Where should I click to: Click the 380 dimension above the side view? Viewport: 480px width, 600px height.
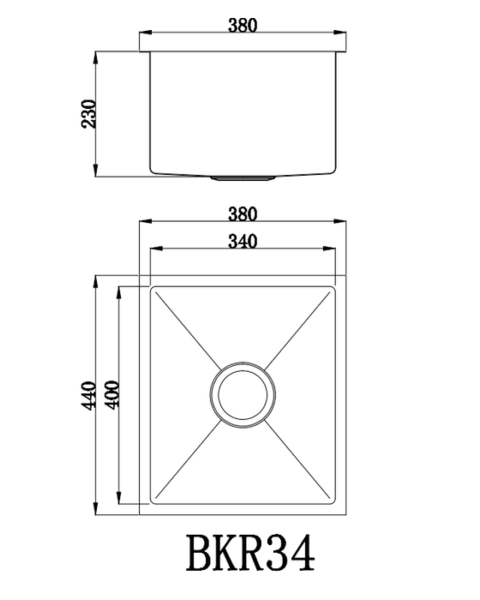(x=243, y=25)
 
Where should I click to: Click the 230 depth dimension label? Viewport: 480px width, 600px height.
(x=89, y=114)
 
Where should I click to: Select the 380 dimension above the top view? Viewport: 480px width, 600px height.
(x=243, y=214)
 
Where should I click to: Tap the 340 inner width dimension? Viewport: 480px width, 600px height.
(x=243, y=242)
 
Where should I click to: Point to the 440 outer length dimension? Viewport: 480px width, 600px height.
(x=89, y=396)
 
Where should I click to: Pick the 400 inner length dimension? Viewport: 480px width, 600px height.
(x=112, y=395)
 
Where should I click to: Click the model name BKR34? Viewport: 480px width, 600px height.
(x=251, y=554)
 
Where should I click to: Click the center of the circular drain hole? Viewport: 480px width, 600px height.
(x=243, y=395)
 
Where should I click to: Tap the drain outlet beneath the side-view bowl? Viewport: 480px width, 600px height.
(x=243, y=178)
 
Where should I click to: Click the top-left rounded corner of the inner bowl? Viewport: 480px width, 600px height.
(x=152, y=288)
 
